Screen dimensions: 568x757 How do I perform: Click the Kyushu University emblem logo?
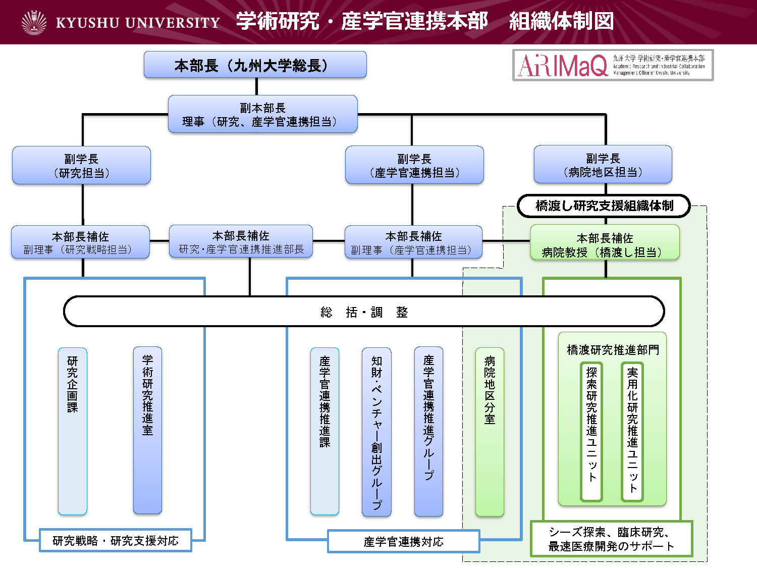34,23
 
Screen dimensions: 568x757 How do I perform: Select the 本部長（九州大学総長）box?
255,65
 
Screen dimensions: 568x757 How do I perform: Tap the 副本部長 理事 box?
262,115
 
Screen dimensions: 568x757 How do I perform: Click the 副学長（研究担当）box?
81,166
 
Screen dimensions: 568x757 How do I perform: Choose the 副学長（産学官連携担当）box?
414,165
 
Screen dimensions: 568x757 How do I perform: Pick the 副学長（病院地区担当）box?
603,165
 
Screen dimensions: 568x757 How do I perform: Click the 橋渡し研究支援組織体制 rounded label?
604,206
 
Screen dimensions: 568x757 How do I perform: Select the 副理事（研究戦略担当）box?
80,242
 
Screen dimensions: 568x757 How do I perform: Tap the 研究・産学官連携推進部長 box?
241,242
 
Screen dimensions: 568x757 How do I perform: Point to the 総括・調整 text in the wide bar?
363,312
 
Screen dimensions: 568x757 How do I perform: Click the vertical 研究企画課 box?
73,431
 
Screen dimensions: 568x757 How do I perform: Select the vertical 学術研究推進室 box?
147,430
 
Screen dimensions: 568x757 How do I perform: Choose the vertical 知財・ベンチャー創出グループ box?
376,432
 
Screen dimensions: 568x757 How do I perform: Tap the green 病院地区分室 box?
490,432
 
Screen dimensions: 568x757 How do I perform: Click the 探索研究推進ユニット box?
591,432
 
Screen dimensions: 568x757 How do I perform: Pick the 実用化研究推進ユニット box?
632,432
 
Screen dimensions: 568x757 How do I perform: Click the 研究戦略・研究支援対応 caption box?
116,541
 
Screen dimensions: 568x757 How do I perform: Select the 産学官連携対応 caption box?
403,542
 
